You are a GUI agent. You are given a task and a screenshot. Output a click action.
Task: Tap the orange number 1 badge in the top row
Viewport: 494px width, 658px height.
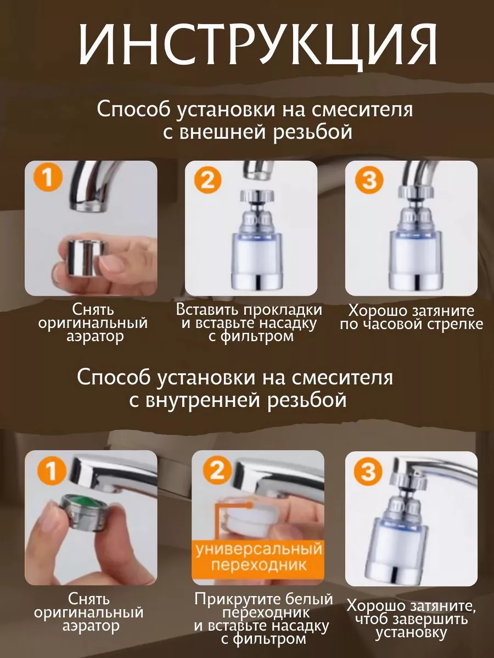48,180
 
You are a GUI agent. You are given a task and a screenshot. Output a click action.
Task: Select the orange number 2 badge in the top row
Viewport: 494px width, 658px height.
207,180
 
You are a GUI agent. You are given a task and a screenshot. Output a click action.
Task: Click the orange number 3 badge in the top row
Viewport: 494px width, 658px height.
369,181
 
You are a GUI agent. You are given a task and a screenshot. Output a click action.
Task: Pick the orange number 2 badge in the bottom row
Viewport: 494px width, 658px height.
218,470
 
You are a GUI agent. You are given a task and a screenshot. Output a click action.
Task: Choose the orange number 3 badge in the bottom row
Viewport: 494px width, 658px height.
369,472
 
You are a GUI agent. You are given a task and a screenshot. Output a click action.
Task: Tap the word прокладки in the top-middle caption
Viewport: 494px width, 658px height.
282,310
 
